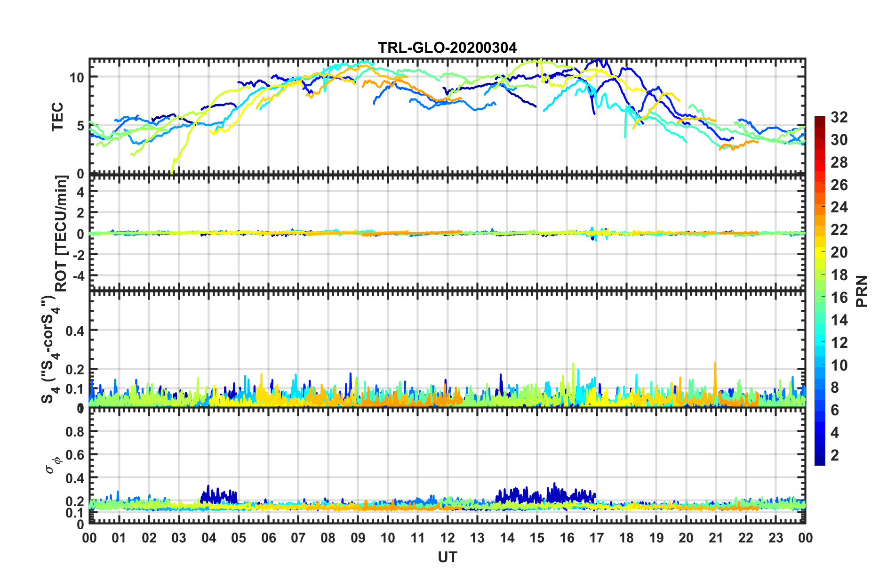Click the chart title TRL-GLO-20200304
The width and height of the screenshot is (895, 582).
point(447,48)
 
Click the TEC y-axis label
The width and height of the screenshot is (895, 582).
point(57,117)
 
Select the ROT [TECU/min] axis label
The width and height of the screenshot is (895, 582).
point(62,234)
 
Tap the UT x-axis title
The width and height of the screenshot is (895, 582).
point(447,558)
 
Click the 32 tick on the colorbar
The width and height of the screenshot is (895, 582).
point(839,117)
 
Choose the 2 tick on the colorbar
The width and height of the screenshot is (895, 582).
point(835,455)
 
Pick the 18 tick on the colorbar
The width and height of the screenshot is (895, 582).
point(839,275)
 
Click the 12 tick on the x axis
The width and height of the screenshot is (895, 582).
point(447,538)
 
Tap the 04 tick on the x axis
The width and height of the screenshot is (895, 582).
point(209,538)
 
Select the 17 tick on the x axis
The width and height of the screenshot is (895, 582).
point(597,538)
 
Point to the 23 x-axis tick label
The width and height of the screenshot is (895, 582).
point(775,538)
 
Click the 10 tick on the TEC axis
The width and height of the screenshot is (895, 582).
point(77,77)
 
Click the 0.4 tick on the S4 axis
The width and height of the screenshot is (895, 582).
point(75,331)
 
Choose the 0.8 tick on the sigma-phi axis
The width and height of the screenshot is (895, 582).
point(75,431)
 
